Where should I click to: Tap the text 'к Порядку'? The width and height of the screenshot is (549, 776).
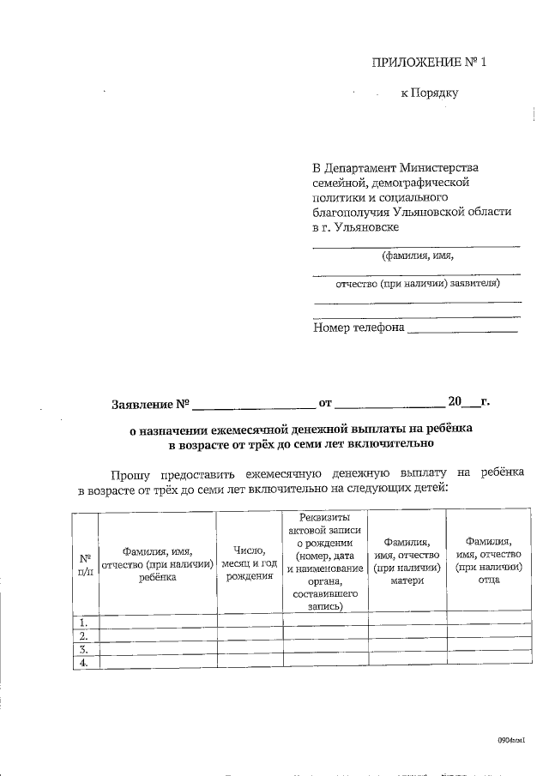click(x=430, y=93)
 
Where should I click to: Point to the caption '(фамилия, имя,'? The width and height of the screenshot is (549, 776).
click(x=417, y=256)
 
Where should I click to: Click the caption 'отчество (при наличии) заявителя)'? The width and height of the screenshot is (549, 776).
click(x=417, y=284)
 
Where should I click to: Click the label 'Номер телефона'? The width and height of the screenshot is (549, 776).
click(x=359, y=327)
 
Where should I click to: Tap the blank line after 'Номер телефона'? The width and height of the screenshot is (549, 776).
click(x=463, y=328)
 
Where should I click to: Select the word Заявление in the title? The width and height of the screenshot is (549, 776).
click(x=144, y=403)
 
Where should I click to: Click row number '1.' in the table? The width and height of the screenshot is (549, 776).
click(x=84, y=622)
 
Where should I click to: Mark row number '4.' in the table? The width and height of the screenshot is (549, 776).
click(x=84, y=663)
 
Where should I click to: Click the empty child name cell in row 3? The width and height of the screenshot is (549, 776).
click(x=157, y=649)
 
